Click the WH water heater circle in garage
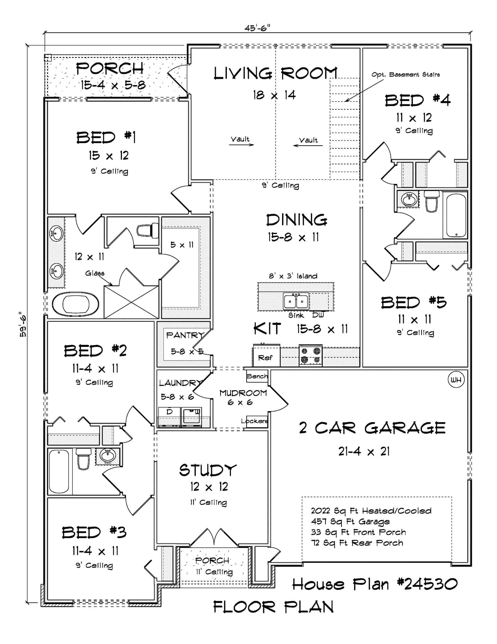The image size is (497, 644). coord(456,380)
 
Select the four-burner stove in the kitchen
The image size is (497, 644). coord(310,356)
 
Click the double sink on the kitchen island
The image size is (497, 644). coord(296,301)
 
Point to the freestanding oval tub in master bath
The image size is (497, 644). coord(75,304)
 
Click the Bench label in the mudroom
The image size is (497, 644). coord(257,376)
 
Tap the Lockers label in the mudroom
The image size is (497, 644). coord(254,421)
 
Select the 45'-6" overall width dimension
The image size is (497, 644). coord(257,28)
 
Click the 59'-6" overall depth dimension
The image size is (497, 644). coord(23,324)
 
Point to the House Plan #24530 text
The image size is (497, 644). coord(374,584)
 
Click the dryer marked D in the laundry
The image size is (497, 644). coord(169,412)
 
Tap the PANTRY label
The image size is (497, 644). coord(185,335)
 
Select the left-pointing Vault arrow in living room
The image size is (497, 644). coord(308,145)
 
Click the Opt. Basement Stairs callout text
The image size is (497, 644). coord(406,75)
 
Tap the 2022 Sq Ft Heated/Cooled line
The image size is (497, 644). coord(371,511)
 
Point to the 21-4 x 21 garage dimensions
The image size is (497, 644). coord(364,452)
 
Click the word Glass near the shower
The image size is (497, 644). coord(95,273)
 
